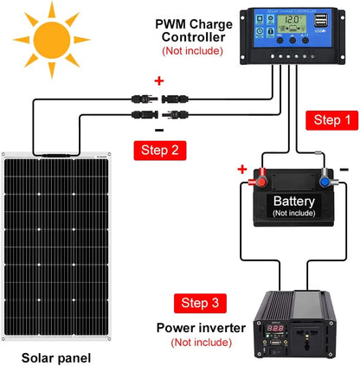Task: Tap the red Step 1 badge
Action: [331, 119]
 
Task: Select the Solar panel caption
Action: [56, 356]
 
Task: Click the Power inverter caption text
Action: [201, 328]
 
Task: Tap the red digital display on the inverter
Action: [273, 330]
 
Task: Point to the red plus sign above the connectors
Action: [159, 80]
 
